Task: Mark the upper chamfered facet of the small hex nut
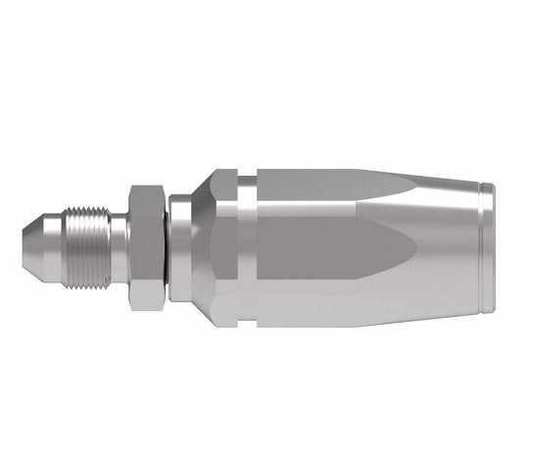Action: [147, 193]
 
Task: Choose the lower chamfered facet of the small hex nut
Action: [147, 285]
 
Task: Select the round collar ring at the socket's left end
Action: [178, 245]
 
